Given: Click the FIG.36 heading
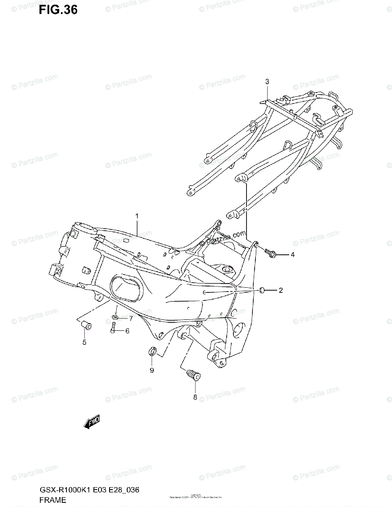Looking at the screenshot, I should pyautogui.click(x=58, y=10).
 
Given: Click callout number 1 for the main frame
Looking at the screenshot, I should pyautogui.click(x=137, y=216).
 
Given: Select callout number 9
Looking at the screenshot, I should pyautogui.click(x=152, y=371).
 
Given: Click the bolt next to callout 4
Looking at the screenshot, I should pyautogui.click(x=270, y=253).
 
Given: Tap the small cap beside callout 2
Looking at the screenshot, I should pyautogui.click(x=262, y=290).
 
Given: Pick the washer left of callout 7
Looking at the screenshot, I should pyautogui.click(x=115, y=317).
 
